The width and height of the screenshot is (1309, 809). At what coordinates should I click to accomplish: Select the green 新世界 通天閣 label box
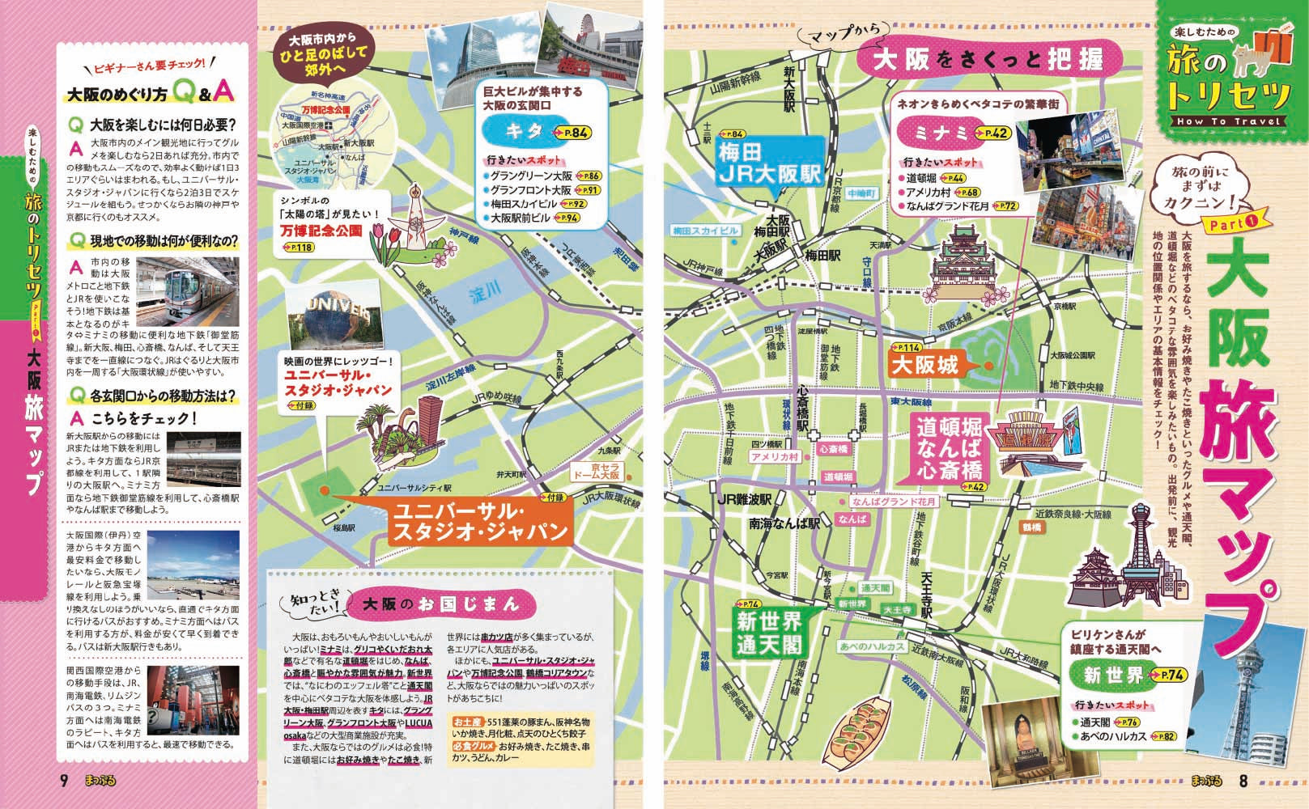(769, 632)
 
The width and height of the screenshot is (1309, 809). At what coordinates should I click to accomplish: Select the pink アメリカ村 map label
(774, 458)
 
